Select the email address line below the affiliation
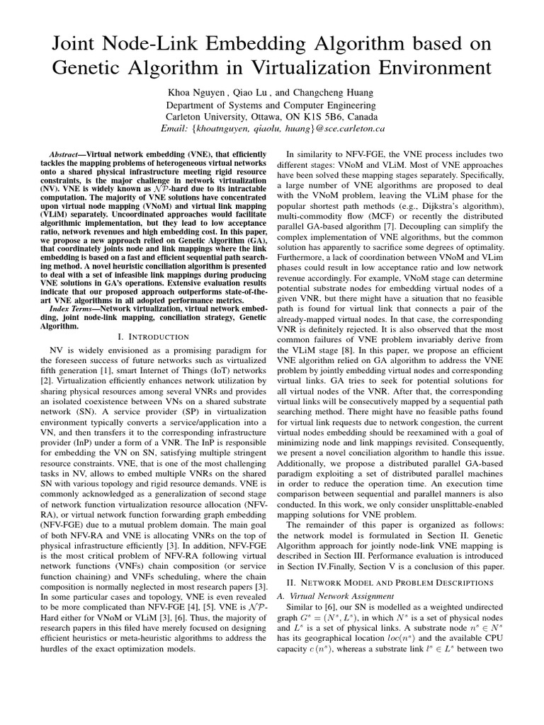273,129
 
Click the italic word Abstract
68,154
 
